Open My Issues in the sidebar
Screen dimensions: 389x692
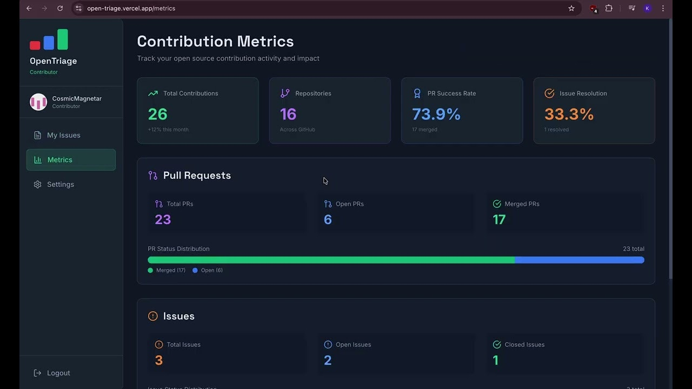tap(63, 135)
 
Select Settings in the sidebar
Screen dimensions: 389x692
tap(60, 184)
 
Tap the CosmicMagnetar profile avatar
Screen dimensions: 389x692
tap(38, 102)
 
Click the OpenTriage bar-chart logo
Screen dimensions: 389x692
tap(49, 39)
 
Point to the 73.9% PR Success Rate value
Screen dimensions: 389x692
tap(436, 114)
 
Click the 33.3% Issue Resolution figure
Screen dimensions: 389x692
tap(569, 114)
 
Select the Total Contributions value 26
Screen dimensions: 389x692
tap(158, 114)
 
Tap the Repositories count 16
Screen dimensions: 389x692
tap(288, 114)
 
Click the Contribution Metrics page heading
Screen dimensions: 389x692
tap(215, 42)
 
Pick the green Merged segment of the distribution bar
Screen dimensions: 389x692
tap(331, 260)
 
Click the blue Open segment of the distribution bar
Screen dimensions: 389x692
tap(579, 260)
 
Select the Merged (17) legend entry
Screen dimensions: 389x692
tap(167, 270)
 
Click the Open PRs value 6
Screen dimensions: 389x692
tap(328, 219)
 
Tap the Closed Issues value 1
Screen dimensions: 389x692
tap(496, 360)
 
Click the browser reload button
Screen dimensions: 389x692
tap(60, 8)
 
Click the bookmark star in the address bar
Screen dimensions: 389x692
tap(571, 8)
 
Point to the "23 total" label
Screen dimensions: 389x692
tap(633, 249)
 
